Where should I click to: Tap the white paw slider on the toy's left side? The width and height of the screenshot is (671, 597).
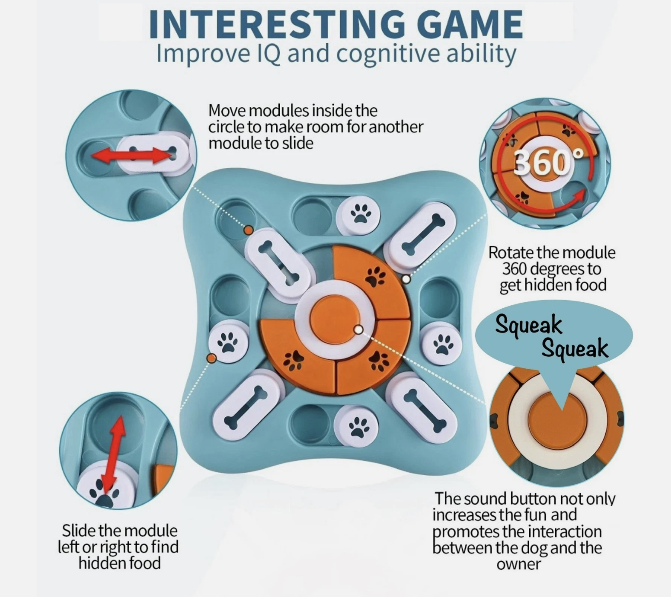(x=229, y=342)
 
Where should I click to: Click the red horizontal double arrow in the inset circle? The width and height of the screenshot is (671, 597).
(x=132, y=155)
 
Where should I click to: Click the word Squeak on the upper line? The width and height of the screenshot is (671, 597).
(x=528, y=325)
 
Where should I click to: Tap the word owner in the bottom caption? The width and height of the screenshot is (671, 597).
(x=518, y=564)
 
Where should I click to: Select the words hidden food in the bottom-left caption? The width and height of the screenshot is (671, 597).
(x=120, y=563)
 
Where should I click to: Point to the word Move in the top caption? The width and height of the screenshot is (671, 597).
(x=227, y=111)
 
